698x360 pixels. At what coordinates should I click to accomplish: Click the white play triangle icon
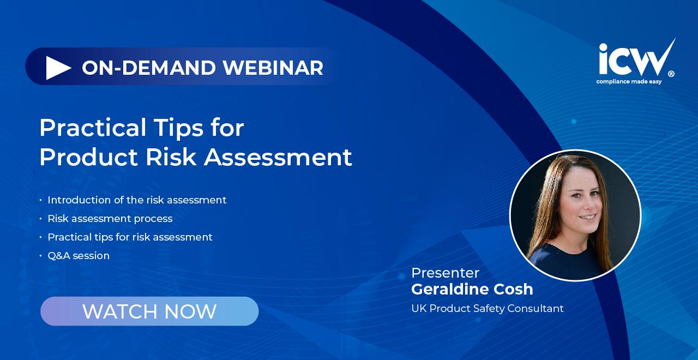coord(58,68)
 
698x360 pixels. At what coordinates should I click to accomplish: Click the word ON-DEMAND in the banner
coord(149,68)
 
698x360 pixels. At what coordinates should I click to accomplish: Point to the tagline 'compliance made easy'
coord(629,82)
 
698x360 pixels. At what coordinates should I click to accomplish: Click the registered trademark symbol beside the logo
coord(671,74)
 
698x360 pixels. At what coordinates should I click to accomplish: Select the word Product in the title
coord(88,157)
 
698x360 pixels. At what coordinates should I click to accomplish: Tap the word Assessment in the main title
coord(278,157)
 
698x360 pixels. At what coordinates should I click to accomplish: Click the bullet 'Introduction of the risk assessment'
coord(137,200)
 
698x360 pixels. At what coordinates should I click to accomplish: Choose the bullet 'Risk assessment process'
coord(110,219)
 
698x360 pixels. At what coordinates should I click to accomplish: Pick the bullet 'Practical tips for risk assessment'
coord(130,237)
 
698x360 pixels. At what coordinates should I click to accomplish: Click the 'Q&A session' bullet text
coord(79,256)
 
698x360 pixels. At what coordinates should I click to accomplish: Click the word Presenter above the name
coord(446,273)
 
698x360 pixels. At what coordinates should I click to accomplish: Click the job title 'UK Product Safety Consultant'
coord(488,309)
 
